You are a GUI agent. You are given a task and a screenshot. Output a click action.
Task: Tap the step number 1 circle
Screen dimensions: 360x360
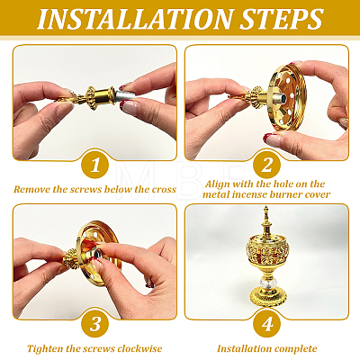coord(95,165)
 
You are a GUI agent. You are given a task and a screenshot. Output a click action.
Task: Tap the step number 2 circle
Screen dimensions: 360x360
coord(266,165)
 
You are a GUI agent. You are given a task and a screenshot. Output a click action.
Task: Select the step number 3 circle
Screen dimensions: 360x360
coord(95,324)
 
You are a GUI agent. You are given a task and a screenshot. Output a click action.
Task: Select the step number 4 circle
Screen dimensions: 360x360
coord(266,324)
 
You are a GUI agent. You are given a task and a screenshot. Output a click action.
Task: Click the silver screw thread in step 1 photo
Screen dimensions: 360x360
coord(122,96)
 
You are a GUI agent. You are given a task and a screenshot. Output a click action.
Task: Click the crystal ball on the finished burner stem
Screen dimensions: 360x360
coord(266,283)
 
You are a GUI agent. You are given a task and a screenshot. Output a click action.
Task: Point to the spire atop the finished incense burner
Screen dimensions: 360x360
coord(266,219)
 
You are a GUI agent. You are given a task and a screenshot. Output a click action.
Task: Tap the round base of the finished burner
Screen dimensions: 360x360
coord(267,296)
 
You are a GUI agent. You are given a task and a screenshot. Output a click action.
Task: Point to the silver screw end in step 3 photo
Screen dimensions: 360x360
coord(98,255)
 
